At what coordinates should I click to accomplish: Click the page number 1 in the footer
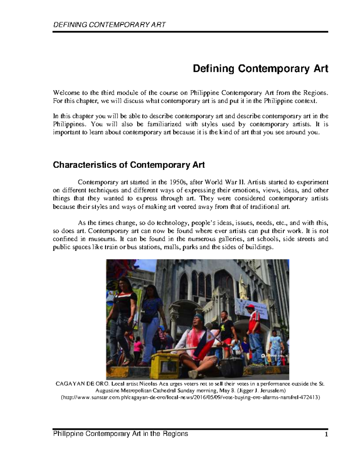pyautogui.click(x=326, y=434)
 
